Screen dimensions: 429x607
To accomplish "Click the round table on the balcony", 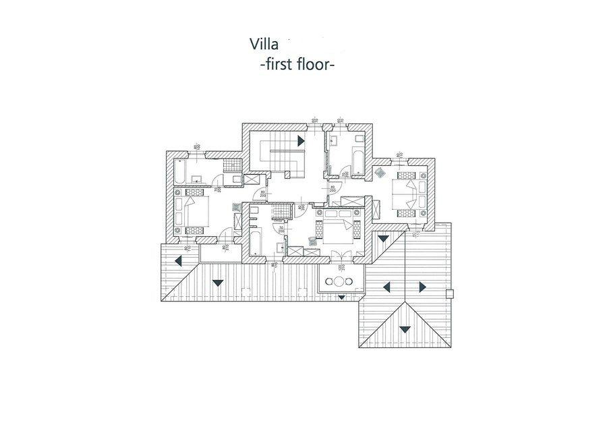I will (x=331, y=281).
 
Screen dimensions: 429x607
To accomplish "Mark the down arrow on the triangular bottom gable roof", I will (x=404, y=329).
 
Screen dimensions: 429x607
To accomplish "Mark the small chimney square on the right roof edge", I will (x=451, y=293).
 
